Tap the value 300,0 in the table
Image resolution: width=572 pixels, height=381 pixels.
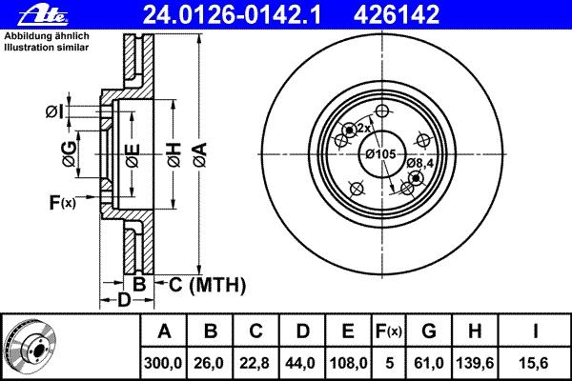[164, 361]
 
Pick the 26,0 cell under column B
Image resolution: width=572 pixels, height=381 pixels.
[211, 361]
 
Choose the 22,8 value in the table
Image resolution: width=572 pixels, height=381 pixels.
[256, 361]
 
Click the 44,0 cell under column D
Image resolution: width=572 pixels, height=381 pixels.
[302, 361]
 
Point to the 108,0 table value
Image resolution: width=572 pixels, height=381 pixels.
[349, 361]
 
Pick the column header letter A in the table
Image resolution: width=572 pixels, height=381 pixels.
[164, 332]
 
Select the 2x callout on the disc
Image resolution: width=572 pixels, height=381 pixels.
[362, 127]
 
